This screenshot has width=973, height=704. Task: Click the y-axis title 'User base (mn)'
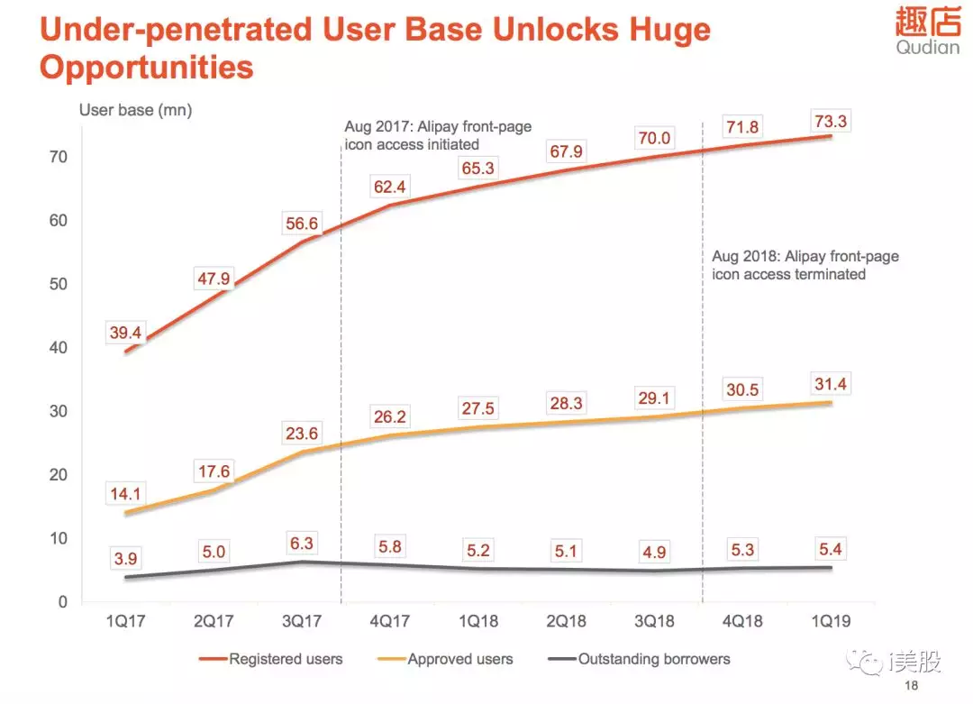[136, 110]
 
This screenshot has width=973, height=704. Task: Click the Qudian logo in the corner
[928, 31]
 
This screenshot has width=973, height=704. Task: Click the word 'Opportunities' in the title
[147, 68]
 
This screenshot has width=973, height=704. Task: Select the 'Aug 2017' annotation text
[438, 135]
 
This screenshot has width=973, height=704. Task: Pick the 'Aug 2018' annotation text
[805, 265]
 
